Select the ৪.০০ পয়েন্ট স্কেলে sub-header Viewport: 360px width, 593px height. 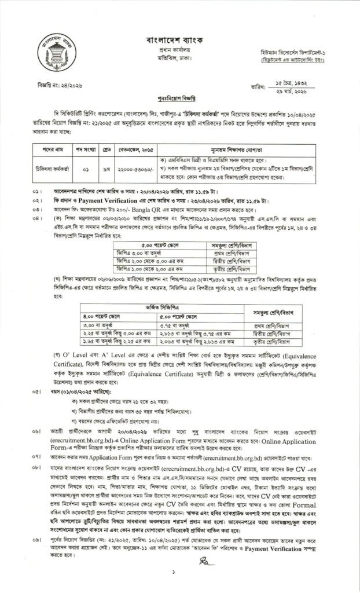pyautogui.click(x=118, y=316)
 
